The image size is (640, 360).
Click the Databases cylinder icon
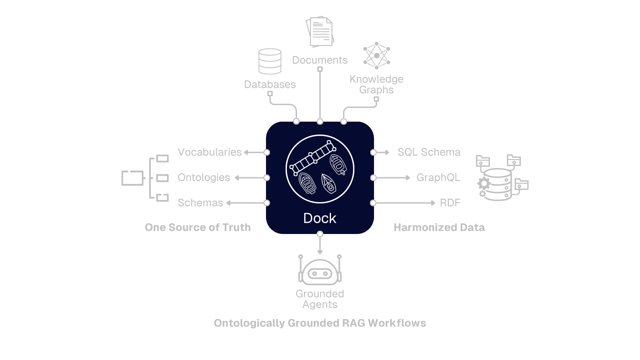pyautogui.click(x=270, y=61)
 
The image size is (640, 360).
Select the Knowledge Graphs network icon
pyautogui.click(x=377, y=55)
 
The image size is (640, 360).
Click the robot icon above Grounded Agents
pyautogui.click(x=320, y=272)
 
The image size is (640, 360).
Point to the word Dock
pyautogui.click(x=320, y=218)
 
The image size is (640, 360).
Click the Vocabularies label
pyautogui.click(x=210, y=152)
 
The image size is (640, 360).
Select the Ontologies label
pyautogui.click(x=204, y=178)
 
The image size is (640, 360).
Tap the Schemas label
pyautogui.click(x=200, y=203)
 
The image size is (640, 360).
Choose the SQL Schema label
pyautogui.click(x=429, y=152)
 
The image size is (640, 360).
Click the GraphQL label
pyautogui.click(x=438, y=178)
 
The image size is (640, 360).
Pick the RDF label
pyautogui.click(x=450, y=203)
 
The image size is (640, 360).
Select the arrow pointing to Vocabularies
pyautogui.click(x=246, y=152)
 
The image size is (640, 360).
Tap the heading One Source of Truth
pyautogui.click(x=198, y=228)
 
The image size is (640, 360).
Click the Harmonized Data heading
pyautogui.click(x=439, y=228)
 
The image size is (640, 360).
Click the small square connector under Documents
pyautogui.click(x=320, y=69)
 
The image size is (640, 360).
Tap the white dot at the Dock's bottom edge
pyautogui.click(x=320, y=234)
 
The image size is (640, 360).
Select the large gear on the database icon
pyautogui.click(x=484, y=183)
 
